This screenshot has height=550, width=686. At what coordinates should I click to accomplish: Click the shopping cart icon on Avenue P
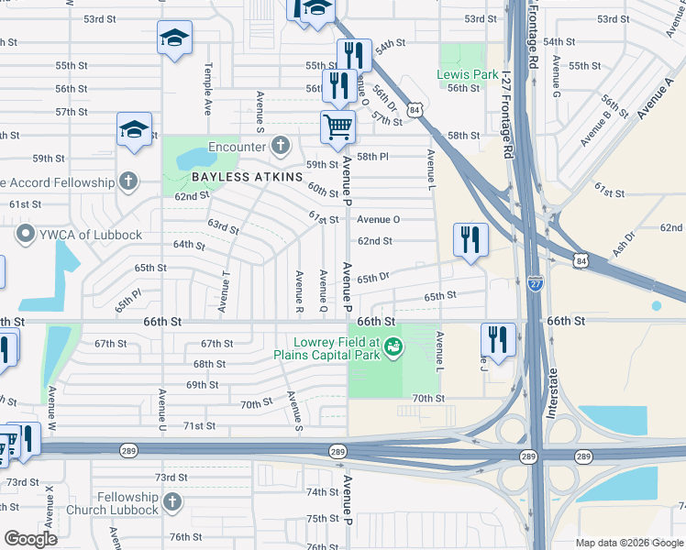337,126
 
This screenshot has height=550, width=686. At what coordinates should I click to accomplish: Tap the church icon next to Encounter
280,145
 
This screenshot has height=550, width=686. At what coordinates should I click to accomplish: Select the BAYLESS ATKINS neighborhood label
247,176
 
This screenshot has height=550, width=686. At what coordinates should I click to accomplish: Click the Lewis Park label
461,74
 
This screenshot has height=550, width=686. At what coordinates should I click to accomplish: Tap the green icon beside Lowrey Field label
393,346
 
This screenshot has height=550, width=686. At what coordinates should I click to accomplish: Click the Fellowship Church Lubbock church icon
173,502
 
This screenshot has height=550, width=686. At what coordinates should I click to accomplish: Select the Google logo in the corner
30,538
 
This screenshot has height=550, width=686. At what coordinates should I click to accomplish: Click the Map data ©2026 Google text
629,543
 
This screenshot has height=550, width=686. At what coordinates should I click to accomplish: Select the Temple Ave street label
208,90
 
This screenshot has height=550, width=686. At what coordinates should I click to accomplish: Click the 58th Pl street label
373,157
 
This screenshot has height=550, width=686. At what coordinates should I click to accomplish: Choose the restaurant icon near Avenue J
497,339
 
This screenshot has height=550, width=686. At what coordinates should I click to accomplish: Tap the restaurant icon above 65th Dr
470,240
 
